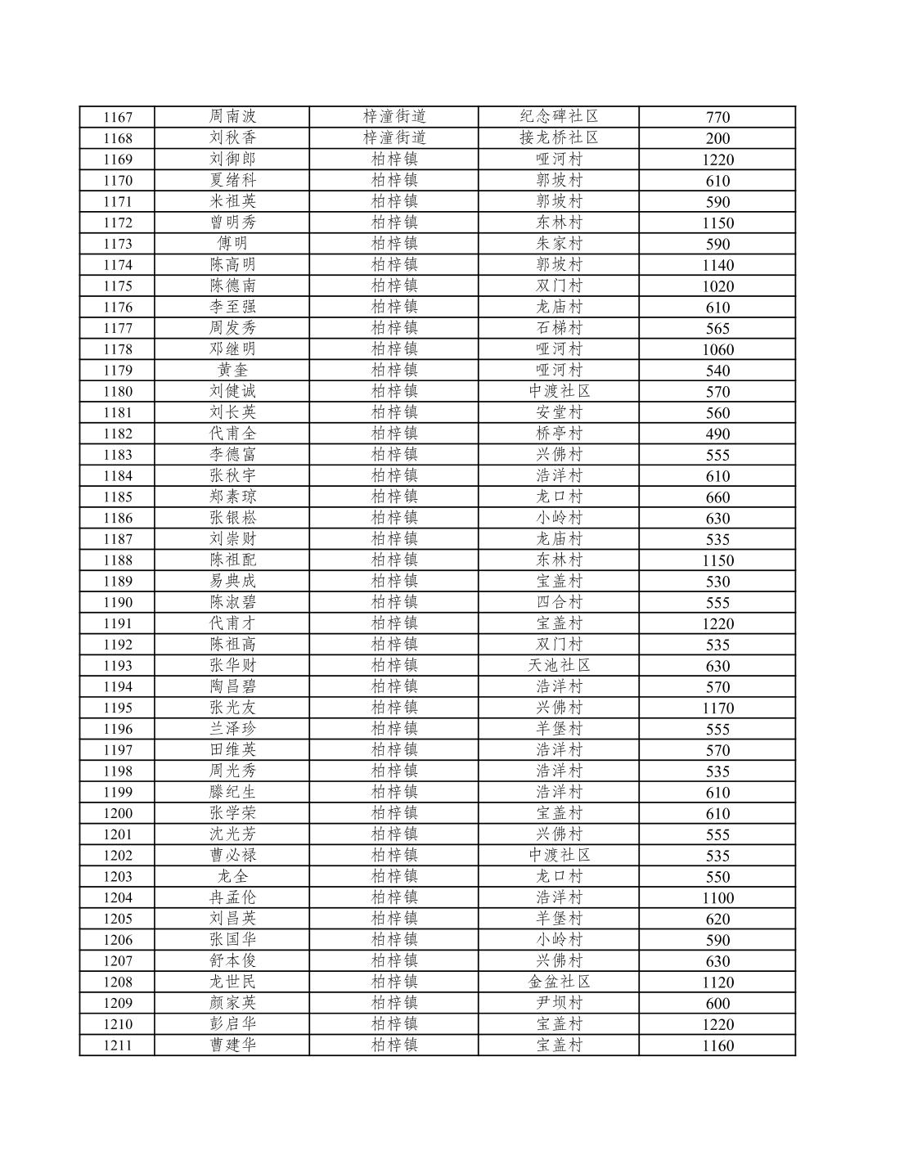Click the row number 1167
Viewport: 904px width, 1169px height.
pyautogui.click(x=117, y=117)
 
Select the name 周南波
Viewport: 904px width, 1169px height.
pyautogui.click(x=232, y=117)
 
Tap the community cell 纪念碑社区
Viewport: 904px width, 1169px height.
pyautogui.click(x=559, y=116)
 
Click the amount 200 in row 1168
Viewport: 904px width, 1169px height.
pyautogui.click(x=717, y=138)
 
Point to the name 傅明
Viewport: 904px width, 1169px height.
pyautogui.click(x=232, y=243)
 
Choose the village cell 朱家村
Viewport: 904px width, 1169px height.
pyautogui.click(x=559, y=243)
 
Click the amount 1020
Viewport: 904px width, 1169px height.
pyautogui.click(x=717, y=286)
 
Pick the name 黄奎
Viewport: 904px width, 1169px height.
pyautogui.click(x=232, y=370)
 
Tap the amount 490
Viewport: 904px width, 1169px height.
pyautogui.click(x=717, y=434)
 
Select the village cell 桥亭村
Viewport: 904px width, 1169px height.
pyautogui.click(x=559, y=433)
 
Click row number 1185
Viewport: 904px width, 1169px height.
pyautogui.click(x=117, y=497)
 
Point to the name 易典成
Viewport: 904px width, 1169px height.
pyautogui.click(x=232, y=581)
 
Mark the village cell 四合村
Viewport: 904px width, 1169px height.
pyautogui.click(x=559, y=602)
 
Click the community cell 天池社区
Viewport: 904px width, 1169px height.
pyautogui.click(x=559, y=665)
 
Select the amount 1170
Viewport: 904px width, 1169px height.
pyautogui.click(x=717, y=708)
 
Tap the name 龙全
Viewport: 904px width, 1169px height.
pyautogui.click(x=232, y=876)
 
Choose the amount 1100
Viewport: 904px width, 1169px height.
pyautogui.click(x=717, y=897)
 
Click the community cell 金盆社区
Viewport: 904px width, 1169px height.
pyautogui.click(x=559, y=982)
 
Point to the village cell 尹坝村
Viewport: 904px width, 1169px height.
pyautogui.click(x=559, y=1003)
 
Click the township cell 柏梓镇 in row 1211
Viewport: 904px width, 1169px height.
pyautogui.click(x=394, y=1045)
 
